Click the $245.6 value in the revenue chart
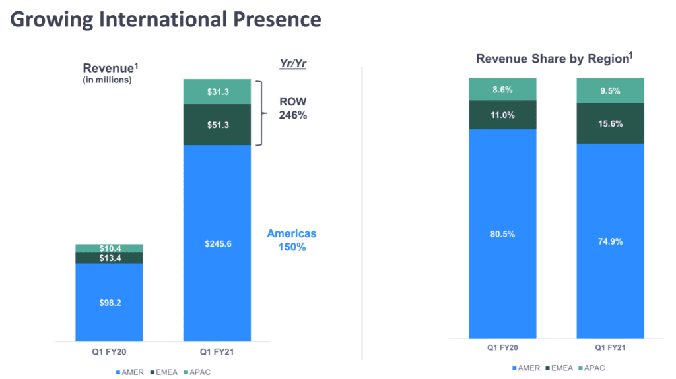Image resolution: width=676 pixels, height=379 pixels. pos(217,244)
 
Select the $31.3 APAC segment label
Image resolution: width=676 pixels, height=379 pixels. pos(217,92)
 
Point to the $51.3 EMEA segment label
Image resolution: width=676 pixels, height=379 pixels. pos(217,124)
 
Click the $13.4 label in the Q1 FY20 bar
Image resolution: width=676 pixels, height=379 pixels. pos(109,258)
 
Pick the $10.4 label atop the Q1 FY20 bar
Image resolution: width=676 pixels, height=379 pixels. pos(109,248)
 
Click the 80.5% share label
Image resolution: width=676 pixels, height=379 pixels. pos(502,233)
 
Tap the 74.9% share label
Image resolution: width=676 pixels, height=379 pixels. pos(610,241)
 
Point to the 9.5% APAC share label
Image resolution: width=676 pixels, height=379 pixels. pos(610,91)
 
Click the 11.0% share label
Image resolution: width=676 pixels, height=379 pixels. pos(502,115)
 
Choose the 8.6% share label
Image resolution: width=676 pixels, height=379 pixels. pos(502,89)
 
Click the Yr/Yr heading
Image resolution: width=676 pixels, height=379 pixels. pos(293,64)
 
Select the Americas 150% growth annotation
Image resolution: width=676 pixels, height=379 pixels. pos(292,241)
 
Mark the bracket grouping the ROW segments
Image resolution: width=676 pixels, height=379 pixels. pos(260,112)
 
